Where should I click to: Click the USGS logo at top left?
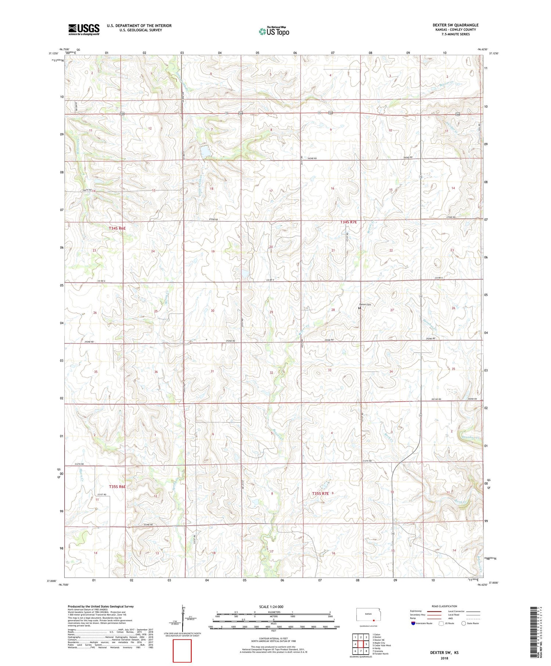click(x=84, y=29)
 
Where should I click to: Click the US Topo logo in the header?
click(x=274, y=32)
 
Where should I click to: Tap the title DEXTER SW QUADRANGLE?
click(x=455, y=25)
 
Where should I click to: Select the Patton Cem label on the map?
click(x=365, y=305)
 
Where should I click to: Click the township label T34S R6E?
click(x=117, y=228)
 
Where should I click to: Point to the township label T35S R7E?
click(x=320, y=493)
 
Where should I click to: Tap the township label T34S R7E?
click(x=348, y=222)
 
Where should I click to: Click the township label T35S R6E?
click(x=117, y=486)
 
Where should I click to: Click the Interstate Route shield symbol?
click(x=413, y=623)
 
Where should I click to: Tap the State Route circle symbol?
click(x=464, y=623)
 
